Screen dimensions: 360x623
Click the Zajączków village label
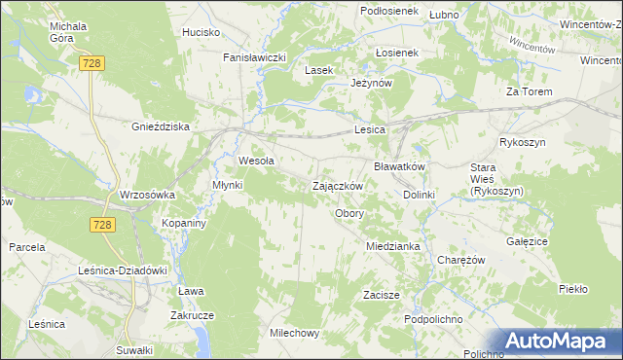tap(338, 186)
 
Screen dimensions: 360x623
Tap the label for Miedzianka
tap(393, 246)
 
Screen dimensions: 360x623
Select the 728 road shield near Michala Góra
tap(92, 61)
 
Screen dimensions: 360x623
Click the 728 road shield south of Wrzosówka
tap(105, 225)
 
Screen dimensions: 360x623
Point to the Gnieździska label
tap(161, 126)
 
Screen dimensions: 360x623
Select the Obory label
tap(349, 213)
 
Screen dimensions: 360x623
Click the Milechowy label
tap(295, 333)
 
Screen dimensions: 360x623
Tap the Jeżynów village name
tap(371, 84)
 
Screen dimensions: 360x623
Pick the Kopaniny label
tap(182, 223)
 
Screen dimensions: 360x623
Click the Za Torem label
tap(530, 91)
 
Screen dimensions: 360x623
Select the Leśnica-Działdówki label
tap(124, 270)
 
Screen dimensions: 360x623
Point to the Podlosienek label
tap(388, 10)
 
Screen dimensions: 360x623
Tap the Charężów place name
tap(461, 261)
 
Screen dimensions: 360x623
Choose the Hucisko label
tap(201, 32)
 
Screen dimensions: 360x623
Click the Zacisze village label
tap(382, 294)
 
